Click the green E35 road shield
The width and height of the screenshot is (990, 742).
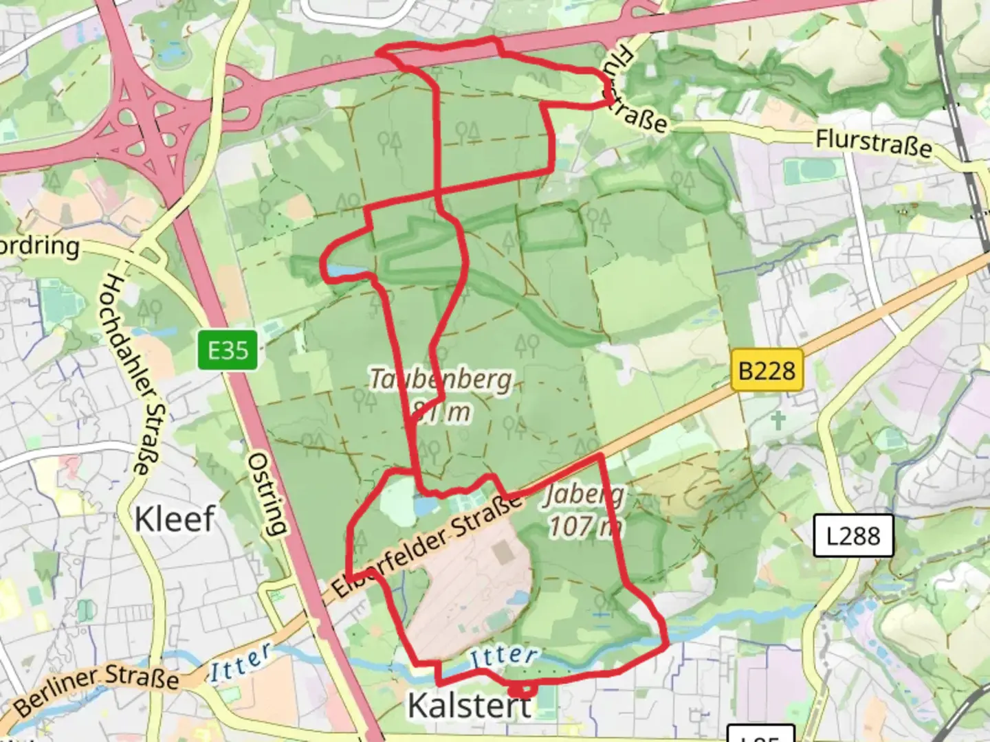(x=228, y=350)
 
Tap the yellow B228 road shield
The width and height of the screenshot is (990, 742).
(x=767, y=371)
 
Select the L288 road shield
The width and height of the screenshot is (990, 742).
(x=853, y=535)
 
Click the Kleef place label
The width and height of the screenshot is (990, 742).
(x=175, y=519)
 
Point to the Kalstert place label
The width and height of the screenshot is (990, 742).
(x=470, y=706)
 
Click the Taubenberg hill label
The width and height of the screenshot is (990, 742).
(x=441, y=379)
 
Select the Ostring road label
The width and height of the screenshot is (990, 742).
(x=267, y=493)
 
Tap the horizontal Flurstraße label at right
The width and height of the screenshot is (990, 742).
(x=874, y=144)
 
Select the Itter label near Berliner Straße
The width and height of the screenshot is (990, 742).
(x=240, y=662)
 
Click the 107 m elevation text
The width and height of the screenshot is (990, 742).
(x=585, y=526)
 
